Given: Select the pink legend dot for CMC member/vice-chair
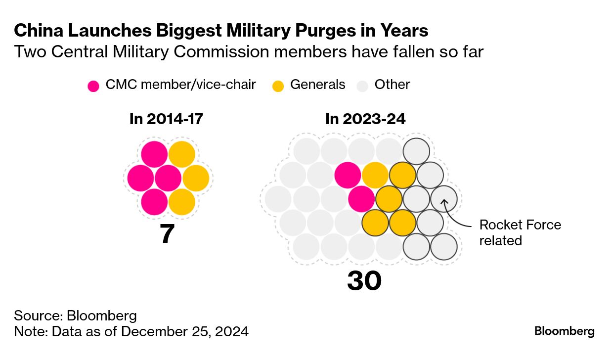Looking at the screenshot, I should [93, 86].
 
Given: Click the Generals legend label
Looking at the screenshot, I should [317, 85].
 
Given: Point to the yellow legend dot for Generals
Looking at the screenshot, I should [278, 86].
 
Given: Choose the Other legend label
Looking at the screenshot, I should [392, 85].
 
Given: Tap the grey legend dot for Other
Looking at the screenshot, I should [363, 86].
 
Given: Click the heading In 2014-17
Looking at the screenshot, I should [166, 119].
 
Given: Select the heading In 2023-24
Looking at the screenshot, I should [365, 119].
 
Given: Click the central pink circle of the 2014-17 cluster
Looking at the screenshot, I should [168, 178].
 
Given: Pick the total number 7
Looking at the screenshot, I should [168, 234].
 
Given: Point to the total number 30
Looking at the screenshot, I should [364, 281].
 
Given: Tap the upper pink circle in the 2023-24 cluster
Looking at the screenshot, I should [348, 175].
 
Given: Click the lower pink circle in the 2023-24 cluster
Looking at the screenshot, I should [361, 199].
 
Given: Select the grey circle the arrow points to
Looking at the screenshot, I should [443, 198].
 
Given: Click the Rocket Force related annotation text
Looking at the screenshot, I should [520, 232].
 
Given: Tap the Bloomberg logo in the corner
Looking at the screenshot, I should [564, 331].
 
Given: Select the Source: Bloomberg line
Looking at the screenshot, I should [75, 315].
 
